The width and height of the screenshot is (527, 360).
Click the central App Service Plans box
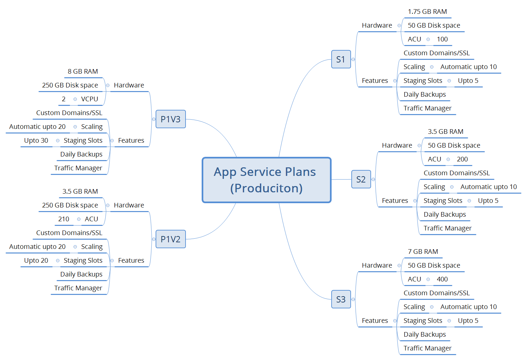(266, 180)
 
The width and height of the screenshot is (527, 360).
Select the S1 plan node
(341, 59)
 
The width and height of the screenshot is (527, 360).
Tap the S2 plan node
(361, 179)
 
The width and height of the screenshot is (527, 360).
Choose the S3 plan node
(341, 299)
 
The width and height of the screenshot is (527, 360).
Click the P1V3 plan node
(170, 119)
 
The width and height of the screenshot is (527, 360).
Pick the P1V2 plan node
(170, 239)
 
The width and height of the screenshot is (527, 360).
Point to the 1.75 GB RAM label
(427, 12)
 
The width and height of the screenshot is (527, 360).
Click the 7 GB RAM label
(423, 252)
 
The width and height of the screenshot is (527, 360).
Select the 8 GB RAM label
(83, 72)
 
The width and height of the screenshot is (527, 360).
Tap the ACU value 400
(442, 279)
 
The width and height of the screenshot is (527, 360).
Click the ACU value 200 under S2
(462, 159)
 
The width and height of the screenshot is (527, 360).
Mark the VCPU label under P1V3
(89, 99)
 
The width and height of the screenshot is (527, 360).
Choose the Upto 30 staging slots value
(36, 141)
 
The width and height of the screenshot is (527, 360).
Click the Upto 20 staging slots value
(36, 261)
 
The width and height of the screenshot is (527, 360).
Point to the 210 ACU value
(63, 219)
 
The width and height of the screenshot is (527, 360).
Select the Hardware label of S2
(397, 146)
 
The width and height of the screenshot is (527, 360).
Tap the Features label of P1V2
(131, 261)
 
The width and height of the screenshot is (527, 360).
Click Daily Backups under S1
(424, 95)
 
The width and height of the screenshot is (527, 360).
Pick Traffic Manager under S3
(427, 348)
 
